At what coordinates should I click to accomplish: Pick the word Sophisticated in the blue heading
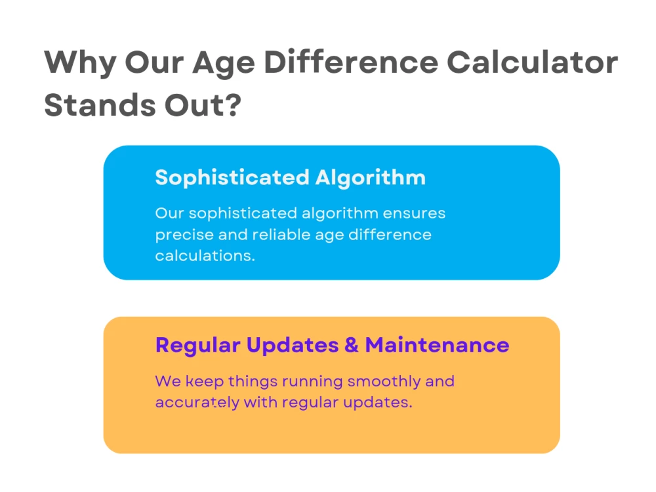click(x=232, y=178)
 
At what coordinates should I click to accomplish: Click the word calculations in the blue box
click(x=204, y=255)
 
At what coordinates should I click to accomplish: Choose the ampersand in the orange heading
click(x=351, y=345)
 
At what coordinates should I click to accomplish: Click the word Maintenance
click(x=438, y=345)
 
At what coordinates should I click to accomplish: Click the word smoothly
click(x=384, y=381)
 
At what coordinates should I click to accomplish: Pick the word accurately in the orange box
click(x=197, y=402)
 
